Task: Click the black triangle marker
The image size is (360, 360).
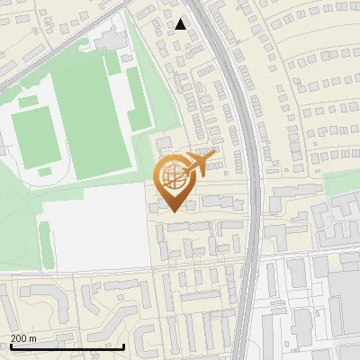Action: pos(181,24)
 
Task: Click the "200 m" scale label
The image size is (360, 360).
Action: pos(24,337)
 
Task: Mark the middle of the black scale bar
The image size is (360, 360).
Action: pos(67,346)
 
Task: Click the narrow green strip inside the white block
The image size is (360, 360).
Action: pos(45,244)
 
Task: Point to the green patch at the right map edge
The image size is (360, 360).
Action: pos(342,183)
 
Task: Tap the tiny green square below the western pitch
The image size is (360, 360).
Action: pos(44,170)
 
